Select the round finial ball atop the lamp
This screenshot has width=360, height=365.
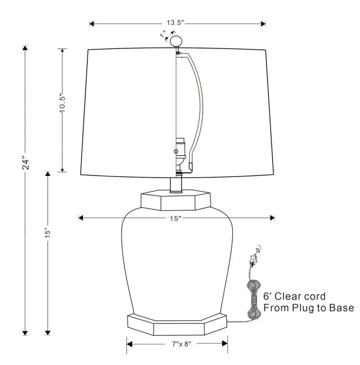tap(176, 41)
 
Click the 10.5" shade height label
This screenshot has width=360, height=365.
tap(62, 103)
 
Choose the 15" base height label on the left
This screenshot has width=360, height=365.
tap(48, 232)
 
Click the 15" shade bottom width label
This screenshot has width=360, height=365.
tap(175, 219)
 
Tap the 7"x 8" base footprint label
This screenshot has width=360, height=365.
tap(182, 344)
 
